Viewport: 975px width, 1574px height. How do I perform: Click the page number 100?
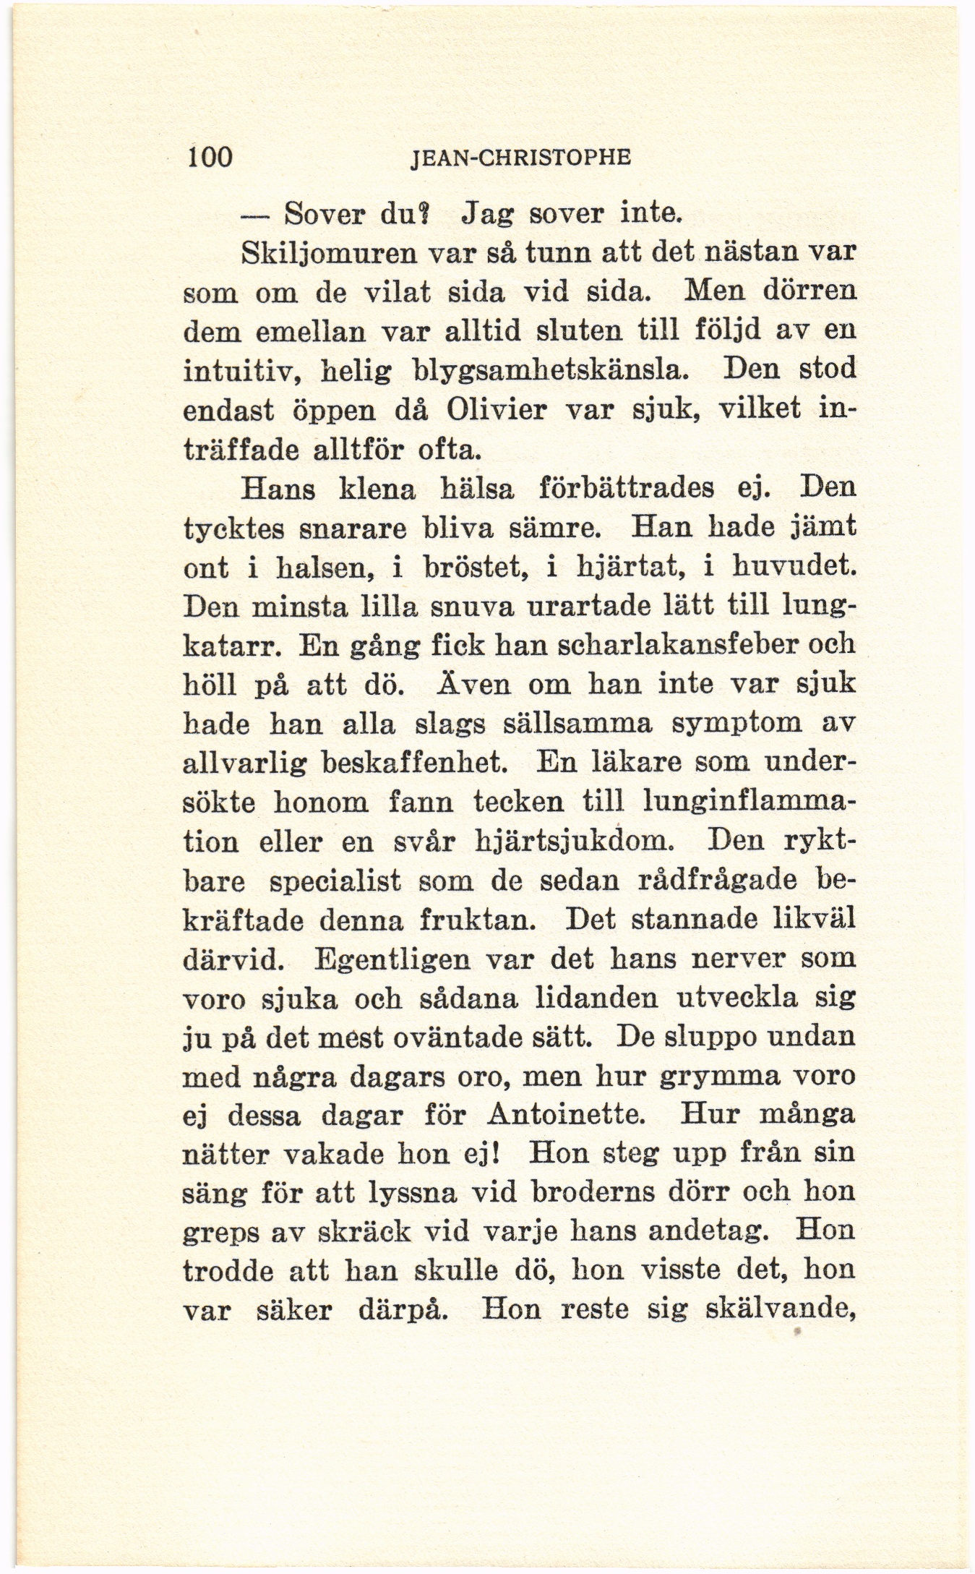coord(210,155)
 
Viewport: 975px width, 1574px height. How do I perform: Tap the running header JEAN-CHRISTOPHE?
coord(520,157)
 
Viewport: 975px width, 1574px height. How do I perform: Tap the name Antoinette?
coord(566,1114)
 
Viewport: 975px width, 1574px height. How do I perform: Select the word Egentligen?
coord(393,959)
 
